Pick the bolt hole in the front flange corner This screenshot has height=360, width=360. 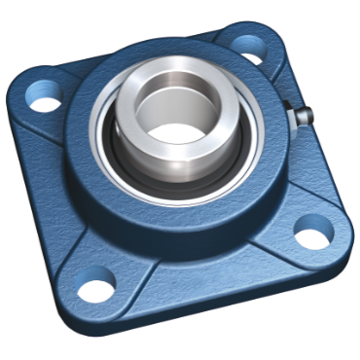pos(96,289)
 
